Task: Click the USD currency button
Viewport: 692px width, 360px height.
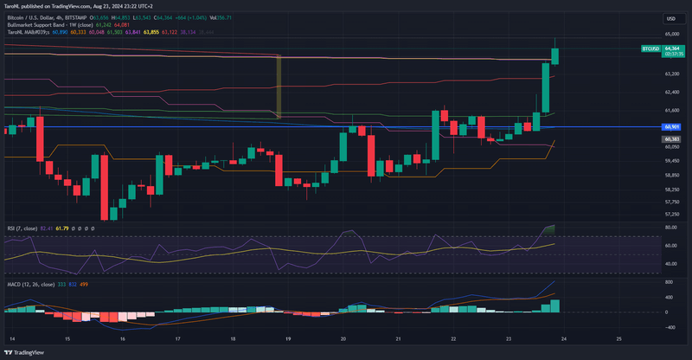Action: pyautogui.click(x=670, y=18)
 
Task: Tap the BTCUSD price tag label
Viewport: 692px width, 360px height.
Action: pyautogui.click(x=651, y=48)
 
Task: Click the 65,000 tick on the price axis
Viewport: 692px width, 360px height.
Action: pyautogui.click(x=671, y=34)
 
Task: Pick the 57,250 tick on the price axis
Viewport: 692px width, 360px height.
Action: pyautogui.click(x=671, y=214)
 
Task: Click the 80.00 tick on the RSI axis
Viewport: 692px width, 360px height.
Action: pyautogui.click(x=670, y=227)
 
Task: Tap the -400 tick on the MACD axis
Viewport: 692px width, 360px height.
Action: pyautogui.click(x=670, y=327)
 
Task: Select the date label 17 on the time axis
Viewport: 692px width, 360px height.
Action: pyautogui.click(x=178, y=338)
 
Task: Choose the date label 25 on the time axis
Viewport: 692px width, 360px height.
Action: pyautogui.click(x=619, y=338)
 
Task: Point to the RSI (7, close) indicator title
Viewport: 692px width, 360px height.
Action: pyautogui.click(x=22, y=227)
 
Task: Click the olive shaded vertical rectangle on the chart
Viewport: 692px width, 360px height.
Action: pyautogui.click(x=279, y=86)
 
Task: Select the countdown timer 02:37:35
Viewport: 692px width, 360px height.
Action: pyautogui.click(x=673, y=54)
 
